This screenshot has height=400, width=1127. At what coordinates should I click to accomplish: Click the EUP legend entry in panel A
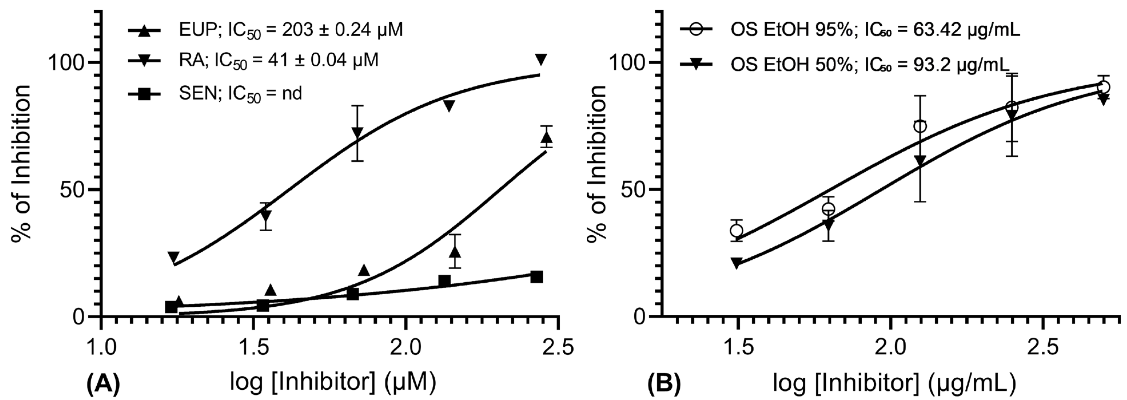pyautogui.click(x=265, y=30)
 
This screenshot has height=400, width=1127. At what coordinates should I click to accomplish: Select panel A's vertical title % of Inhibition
pyautogui.click(x=21, y=163)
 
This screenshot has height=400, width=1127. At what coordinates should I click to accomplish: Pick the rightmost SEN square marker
pyautogui.click(x=536, y=277)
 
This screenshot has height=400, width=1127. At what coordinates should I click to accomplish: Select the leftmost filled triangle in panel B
pyautogui.click(x=737, y=263)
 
